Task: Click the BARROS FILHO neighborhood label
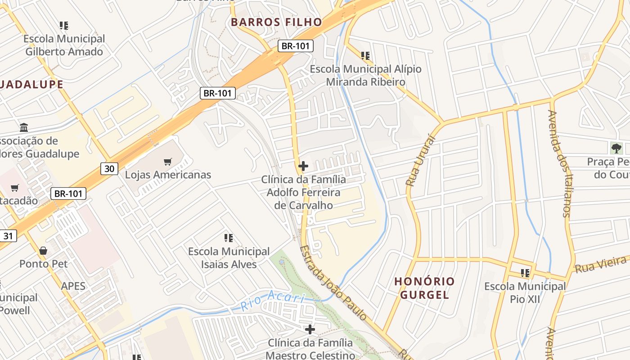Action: [276, 22]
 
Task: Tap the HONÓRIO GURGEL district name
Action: [424, 288]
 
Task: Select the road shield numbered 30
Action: [109, 169]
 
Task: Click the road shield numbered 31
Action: [9, 235]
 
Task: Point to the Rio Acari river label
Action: [273, 300]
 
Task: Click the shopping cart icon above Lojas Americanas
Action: [168, 162]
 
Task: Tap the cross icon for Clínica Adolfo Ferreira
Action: [303, 166]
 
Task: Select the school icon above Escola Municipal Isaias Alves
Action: [229, 238]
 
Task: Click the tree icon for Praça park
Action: [616, 148]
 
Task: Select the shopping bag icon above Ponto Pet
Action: [43, 251]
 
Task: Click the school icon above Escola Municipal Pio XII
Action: [525, 273]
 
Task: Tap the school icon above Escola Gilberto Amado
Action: [64, 26]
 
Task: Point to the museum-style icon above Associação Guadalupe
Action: [24, 128]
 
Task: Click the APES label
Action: [73, 286]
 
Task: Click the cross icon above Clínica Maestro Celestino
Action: [310, 329]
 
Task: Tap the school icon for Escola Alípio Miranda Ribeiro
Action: [365, 56]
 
